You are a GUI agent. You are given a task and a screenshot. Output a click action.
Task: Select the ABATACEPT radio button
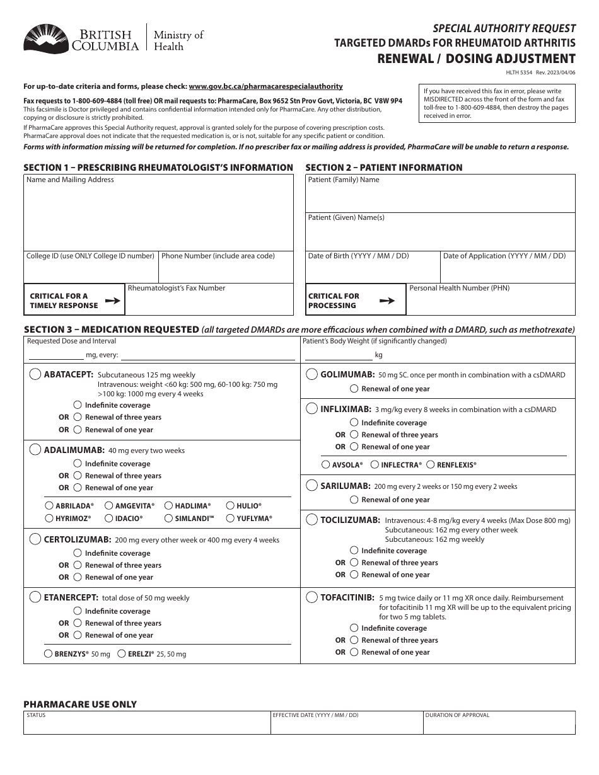35,374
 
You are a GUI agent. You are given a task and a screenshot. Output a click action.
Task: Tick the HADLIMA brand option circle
169,506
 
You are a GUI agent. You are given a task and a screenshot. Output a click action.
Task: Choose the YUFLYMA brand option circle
230,519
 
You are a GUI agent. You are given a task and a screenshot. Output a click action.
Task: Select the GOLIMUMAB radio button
311,374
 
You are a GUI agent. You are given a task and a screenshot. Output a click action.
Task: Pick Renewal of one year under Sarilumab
354,500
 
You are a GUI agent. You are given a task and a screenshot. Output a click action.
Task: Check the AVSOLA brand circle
325,465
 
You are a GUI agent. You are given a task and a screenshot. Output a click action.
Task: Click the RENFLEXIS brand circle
431,465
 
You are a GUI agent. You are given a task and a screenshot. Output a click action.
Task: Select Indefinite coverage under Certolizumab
78,553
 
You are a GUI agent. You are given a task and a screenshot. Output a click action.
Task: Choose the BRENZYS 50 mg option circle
48,654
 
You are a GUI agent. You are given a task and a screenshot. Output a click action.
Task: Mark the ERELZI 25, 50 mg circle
123,654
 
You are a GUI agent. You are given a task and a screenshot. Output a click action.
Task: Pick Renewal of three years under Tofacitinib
354,640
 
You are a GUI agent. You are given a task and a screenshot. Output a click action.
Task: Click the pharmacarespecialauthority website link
265,86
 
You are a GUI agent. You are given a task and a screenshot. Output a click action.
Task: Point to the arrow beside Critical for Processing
387,301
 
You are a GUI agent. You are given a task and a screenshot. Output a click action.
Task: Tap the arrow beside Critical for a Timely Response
112,301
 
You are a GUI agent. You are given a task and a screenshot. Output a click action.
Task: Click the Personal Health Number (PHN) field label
459,288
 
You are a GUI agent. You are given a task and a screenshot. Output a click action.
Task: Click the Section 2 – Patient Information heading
384,168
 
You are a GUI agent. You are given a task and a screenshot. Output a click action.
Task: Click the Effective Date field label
315,715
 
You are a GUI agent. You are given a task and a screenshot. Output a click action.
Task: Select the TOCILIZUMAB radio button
311,520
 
